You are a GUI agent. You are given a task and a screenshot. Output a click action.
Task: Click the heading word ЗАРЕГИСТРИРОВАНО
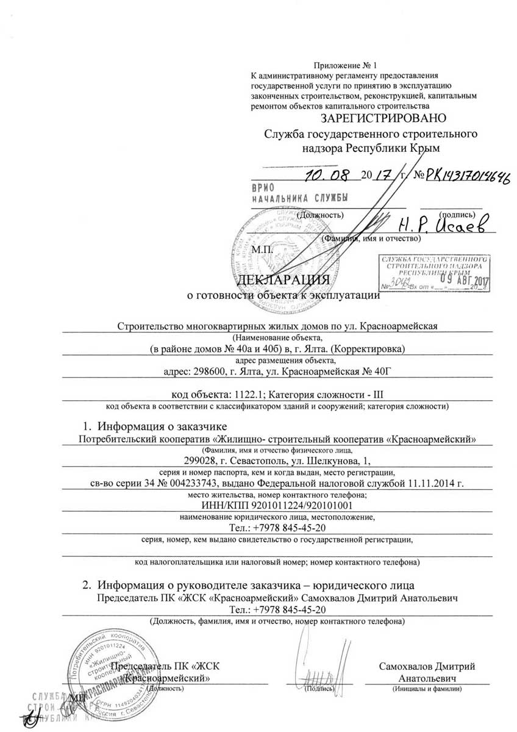click(x=383, y=118)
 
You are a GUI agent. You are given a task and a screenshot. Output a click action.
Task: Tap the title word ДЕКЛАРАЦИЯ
click(x=282, y=280)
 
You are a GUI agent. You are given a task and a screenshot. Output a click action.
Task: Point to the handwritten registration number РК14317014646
click(x=469, y=176)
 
